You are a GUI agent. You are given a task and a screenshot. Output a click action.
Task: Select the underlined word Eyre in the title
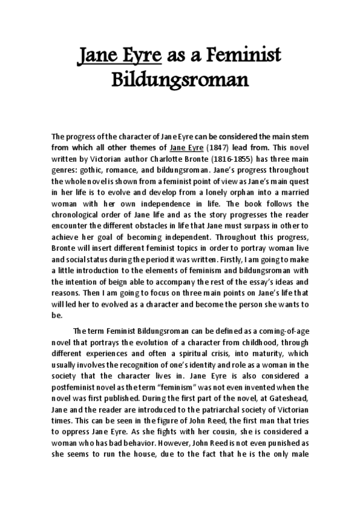point(140,57)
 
